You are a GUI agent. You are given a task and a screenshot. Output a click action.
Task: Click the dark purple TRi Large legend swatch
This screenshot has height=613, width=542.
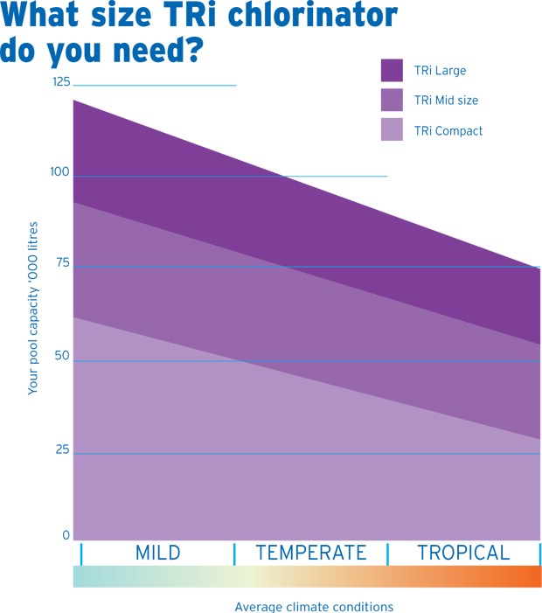[x=392, y=70]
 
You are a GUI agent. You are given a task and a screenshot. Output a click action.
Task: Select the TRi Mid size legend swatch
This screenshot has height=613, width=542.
[x=392, y=100]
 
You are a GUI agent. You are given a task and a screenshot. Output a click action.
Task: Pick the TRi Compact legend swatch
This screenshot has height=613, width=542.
[x=392, y=130]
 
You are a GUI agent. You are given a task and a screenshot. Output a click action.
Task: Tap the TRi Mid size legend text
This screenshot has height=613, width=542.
[x=448, y=101]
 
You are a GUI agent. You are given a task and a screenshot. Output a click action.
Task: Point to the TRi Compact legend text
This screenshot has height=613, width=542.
[x=449, y=131]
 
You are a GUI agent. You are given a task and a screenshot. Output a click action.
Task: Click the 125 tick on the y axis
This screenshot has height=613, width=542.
[x=61, y=81]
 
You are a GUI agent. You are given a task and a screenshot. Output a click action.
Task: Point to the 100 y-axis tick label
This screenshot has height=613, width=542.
[x=60, y=172]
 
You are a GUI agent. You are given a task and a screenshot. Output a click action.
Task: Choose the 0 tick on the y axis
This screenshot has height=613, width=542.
[x=66, y=535]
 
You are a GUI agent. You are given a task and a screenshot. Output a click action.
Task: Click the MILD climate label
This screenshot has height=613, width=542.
[x=157, y=553]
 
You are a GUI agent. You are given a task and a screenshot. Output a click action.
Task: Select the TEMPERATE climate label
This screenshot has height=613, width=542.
[x=310, y=553]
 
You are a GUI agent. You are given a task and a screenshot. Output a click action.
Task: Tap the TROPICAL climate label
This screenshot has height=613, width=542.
[x=463, y=553]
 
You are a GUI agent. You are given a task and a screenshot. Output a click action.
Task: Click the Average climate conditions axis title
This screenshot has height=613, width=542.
[x=314, y=606]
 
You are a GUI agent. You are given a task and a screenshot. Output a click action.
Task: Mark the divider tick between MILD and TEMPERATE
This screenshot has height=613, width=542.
[x=234, y=554]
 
